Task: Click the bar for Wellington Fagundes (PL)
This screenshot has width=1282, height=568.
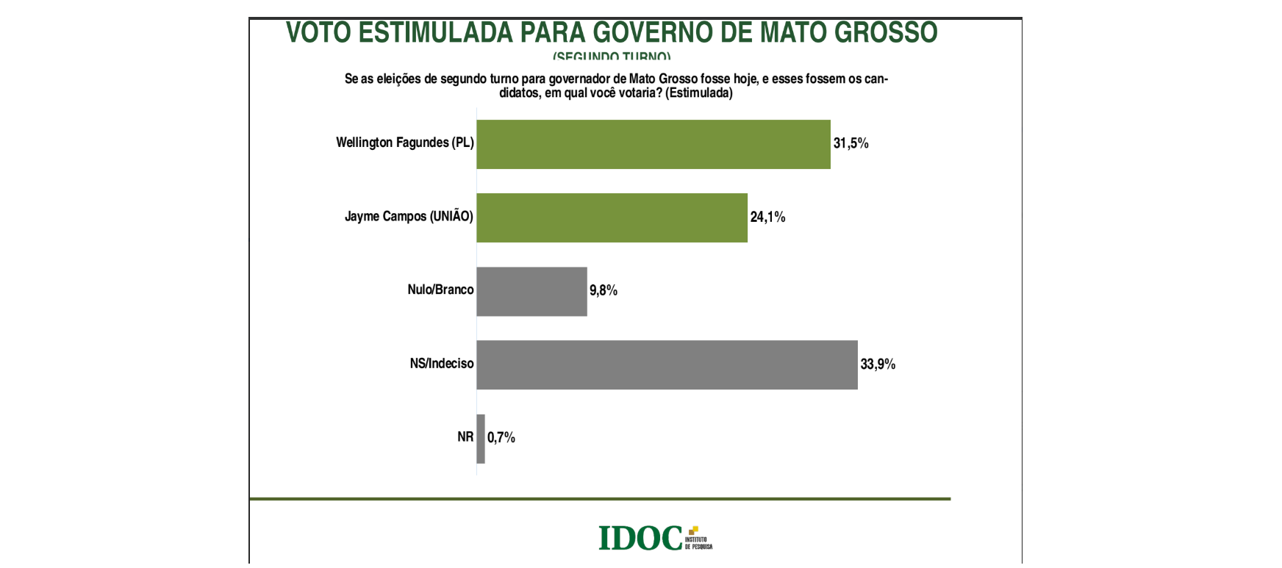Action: tap(653, 144)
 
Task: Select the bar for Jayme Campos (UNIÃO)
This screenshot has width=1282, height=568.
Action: tap(612, 218)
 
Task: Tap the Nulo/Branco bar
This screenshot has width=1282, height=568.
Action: tap(531, 291)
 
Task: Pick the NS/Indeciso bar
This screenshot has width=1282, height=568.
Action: tap(667, 364)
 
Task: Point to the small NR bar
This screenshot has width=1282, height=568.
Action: tap(481, 439)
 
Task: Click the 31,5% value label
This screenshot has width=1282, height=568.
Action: tap(851, 143)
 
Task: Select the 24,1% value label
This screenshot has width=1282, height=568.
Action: tap(767, 217)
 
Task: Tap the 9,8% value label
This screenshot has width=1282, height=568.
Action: tap(603, 290)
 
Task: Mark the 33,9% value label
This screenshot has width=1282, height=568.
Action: tap(878, 364)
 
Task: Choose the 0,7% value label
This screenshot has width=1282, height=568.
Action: tap(501, 437)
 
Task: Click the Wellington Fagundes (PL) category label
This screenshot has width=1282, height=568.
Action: tap(404, 143)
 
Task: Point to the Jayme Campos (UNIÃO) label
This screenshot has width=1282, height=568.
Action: tap(409, 216)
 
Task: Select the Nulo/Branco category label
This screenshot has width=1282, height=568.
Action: tap(440, 290)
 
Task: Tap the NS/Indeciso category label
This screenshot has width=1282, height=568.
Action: tap(442, 363)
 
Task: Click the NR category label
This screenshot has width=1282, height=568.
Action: tap(465, 436)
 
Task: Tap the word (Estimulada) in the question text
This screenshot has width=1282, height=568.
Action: tap(698, 93)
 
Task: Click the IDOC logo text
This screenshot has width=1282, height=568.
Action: tap(640, 538)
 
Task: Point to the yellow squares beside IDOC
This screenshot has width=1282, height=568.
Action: tap(693, 531)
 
